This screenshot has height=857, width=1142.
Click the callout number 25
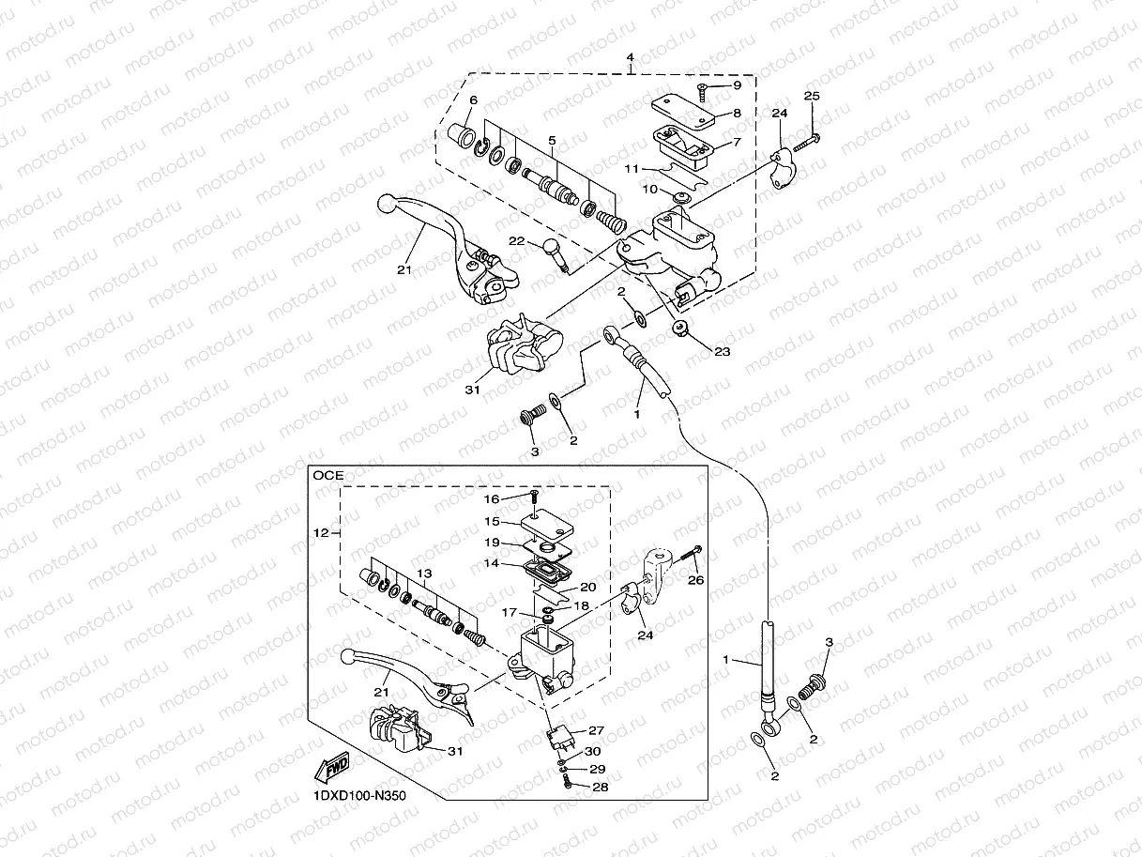click(812, 96)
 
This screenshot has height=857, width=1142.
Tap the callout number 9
click(737, 85)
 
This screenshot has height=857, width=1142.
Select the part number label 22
click(515, 241)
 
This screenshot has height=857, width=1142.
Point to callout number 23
click(722, 353)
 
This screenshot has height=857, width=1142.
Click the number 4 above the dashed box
click(631, 57)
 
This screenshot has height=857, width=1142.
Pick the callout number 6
click(473, 100)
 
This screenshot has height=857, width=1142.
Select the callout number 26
click(694, 580)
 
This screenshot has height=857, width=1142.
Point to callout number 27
click(598, 730)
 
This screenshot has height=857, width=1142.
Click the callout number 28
click(601, 787)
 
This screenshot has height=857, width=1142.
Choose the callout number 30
click(592, 751)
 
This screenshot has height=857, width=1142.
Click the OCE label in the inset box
click(328, 475)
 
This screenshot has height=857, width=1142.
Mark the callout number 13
click(425, 573)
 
